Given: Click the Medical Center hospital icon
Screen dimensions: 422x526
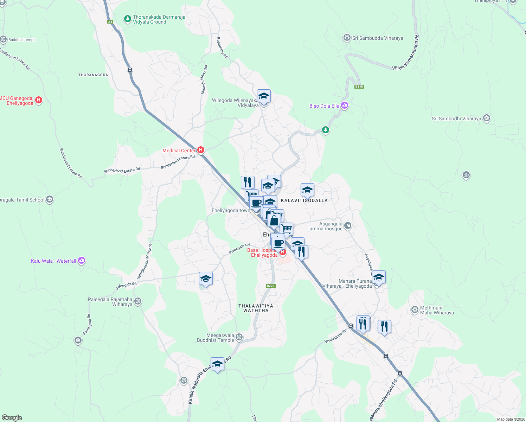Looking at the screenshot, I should (x=200, y=150).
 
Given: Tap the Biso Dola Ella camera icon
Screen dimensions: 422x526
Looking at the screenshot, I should (x=345, y=105).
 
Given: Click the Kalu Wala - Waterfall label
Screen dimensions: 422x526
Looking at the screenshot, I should (x=53, y=261).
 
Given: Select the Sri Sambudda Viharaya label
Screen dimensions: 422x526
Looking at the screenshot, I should (x=378, y=38).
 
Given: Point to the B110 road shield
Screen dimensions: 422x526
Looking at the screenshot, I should (x=359, y=87).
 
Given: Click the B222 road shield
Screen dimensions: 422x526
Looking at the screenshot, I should (x=270, y=286).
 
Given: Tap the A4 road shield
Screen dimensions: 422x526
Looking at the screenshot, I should (x=110, y=22).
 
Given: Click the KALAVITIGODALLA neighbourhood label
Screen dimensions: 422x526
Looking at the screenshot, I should (x=304, y=200).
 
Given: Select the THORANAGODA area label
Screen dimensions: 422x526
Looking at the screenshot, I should (x=93, y=75).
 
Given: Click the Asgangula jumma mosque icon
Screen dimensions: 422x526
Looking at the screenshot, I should (x=348, y=226).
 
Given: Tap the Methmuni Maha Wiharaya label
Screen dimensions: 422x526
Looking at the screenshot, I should (x=437, y=310).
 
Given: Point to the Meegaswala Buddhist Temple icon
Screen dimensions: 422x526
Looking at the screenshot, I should (x=239, y=337).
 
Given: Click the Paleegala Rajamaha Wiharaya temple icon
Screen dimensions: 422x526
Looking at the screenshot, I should (x=138, y=301).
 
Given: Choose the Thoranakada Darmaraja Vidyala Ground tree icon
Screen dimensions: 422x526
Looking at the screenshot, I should (x=128, y=19).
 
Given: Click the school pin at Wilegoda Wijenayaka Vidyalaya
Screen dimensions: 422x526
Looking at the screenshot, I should (x=264, y=96).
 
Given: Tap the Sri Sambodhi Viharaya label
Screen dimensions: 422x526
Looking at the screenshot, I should (x=456, y=119).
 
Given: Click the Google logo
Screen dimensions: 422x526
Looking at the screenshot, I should (x=12, y=418).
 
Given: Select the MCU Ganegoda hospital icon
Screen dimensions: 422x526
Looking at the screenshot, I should (x=39, y=100).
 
